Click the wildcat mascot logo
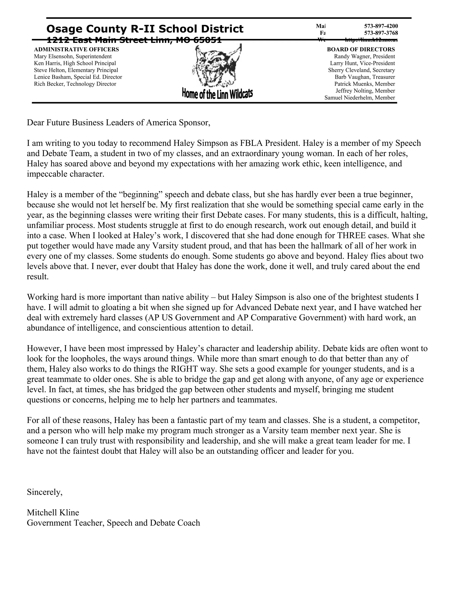217,66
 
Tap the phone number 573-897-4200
381,26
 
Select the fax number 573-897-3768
381,33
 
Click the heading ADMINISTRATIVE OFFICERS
76,49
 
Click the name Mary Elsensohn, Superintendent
73,56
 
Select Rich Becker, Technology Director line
75,84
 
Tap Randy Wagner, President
364,56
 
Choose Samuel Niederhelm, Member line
360,98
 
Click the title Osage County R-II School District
145,29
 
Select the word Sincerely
44,492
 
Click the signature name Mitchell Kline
53,512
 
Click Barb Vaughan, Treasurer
365,77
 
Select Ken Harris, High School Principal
75,63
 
